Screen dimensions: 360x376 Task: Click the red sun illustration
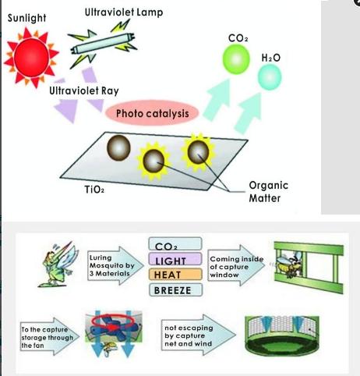(31, 57)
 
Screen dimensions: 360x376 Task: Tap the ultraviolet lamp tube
(103, 44)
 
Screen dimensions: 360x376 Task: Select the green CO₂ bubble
(236, 59)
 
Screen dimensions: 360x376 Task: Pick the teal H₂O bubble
(270, 77)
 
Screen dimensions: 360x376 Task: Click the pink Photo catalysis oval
(152, 113)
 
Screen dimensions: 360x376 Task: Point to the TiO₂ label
(94, 190)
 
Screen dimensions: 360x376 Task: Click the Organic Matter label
(268, 192)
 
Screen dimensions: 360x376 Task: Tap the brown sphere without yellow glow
(118, 147)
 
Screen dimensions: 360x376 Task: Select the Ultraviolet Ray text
(84, 90)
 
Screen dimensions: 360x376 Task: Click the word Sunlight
(26, 18)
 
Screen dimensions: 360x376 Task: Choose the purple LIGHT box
(175, 259)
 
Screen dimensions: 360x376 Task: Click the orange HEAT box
(175, 275)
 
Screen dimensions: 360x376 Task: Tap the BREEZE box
(175, 290)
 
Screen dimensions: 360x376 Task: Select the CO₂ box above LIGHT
(175, 244)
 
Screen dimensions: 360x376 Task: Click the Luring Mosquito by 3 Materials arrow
(115, 265)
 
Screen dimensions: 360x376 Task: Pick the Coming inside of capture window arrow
(236, 266)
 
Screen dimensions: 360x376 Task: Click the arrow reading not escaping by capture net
(199, 335)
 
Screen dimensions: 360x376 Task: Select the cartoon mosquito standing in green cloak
(58, 264)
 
